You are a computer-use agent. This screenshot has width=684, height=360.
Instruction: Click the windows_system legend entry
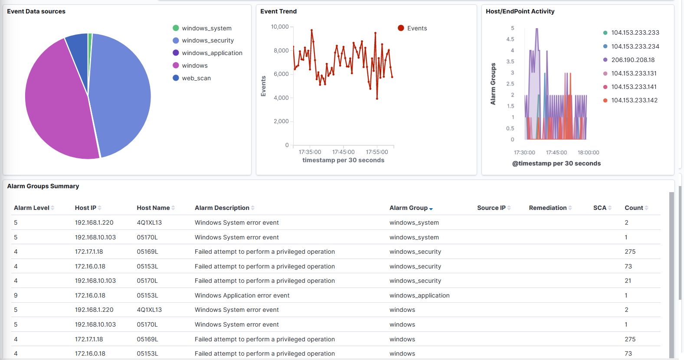(x=206, y=28)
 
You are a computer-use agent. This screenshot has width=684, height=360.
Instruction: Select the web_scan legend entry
(x=196, y=78)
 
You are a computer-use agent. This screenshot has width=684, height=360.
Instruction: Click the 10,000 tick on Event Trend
(x=280, y=27)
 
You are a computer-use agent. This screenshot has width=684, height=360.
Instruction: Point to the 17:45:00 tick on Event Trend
(x=343, y=152)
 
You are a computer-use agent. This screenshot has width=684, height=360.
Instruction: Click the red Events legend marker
(x=401, y=28)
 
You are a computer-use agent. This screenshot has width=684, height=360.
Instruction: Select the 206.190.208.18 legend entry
(x=633, y=60)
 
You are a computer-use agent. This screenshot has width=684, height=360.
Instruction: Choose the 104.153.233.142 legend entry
(x=634, y=100)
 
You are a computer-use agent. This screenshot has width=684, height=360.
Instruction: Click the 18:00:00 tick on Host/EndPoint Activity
(x=588, y=153)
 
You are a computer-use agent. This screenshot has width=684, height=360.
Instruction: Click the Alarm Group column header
(x=409, y=208)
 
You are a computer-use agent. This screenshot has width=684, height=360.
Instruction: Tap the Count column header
(x=634, y=208)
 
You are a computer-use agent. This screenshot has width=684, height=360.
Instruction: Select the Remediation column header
(x=548, y=208)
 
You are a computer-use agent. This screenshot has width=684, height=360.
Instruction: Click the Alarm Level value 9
(x=16, y=295)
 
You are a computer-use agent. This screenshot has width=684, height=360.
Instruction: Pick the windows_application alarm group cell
(x=419, y=295)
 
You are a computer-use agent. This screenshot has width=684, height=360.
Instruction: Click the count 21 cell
(x=628, y=281)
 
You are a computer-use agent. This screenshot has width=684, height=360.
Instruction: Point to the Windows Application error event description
(x=242, y=295)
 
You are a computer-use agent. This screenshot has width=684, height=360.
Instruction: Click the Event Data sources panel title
(x=36, y=11)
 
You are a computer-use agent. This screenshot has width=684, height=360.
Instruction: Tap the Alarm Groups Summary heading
(x=43, y=186)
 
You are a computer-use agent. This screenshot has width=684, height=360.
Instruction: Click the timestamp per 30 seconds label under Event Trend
(x=343, y=160)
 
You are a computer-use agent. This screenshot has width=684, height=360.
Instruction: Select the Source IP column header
(x=491, y=208)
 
